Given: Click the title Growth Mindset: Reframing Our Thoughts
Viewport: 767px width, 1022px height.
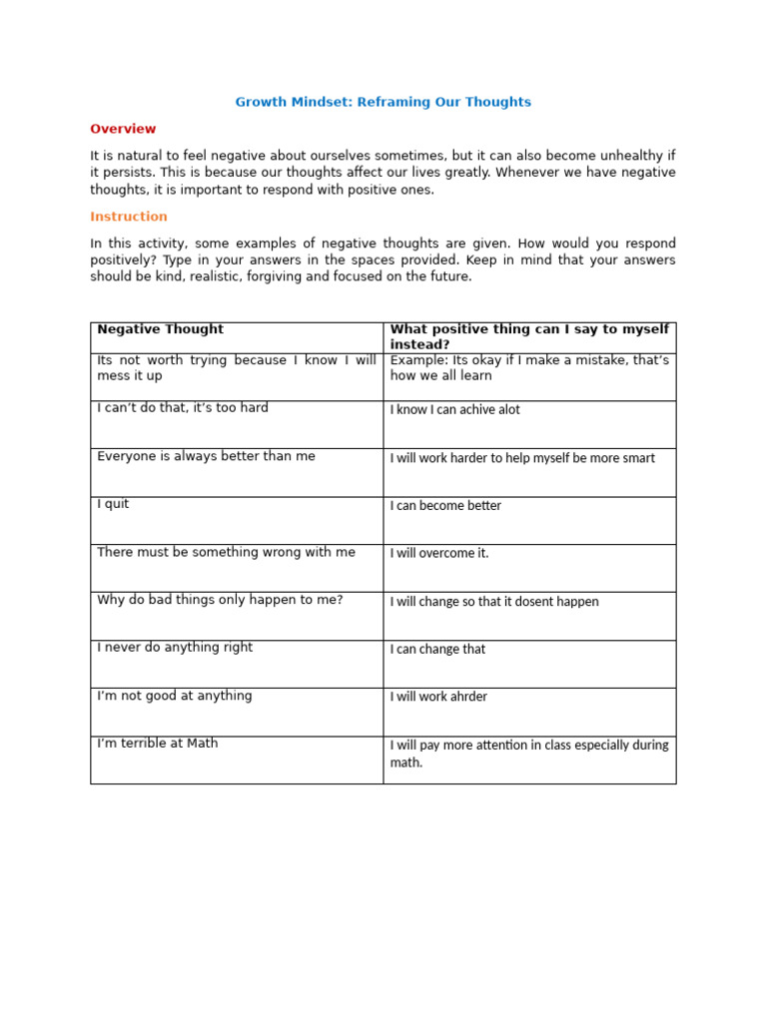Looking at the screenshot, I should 383,102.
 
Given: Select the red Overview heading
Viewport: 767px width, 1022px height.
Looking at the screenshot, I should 123,129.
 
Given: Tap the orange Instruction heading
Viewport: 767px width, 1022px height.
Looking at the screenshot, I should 129,217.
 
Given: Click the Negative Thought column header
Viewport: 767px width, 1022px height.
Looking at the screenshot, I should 160,329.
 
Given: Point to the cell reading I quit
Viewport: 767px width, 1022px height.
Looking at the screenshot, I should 113,504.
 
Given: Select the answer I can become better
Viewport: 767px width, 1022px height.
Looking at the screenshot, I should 445,506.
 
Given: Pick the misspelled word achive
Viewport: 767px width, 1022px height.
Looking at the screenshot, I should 477,410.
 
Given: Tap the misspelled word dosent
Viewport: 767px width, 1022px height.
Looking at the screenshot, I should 542,602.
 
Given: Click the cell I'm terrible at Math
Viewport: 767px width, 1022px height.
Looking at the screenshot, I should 157,744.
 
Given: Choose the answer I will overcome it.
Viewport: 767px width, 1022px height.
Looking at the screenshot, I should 439,554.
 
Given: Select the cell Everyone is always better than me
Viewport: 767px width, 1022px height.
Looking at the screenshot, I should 206,456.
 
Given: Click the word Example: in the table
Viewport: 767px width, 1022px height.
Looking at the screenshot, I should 418,360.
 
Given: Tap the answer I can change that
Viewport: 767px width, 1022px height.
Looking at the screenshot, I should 437,650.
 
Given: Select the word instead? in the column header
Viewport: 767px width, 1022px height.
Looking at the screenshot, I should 417,344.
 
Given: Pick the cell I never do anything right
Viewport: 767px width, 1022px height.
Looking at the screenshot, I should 175,648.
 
